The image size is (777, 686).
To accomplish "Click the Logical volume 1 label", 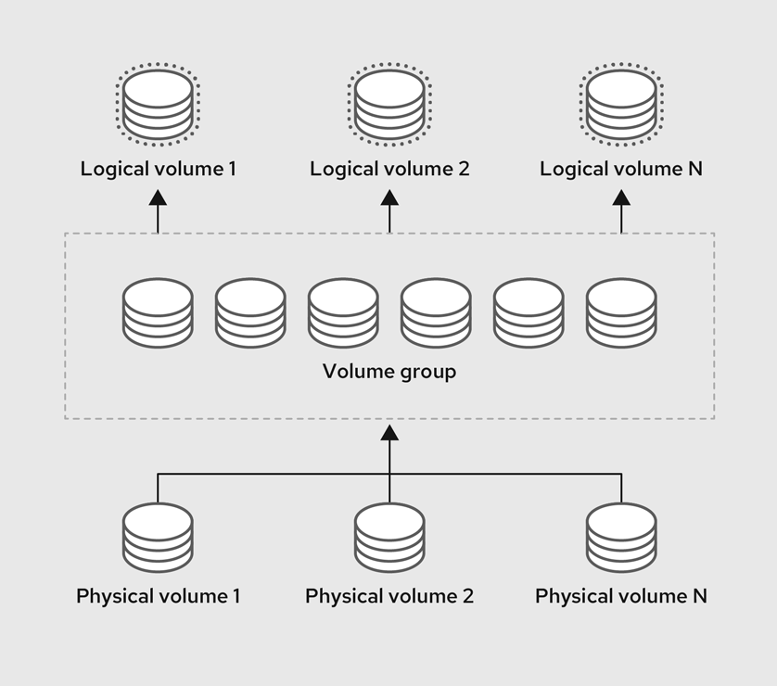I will (158, 169).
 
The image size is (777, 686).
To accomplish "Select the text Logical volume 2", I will (389, 169).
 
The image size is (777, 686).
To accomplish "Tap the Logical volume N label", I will (621, 169).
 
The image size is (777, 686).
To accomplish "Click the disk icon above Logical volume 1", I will (158, 103).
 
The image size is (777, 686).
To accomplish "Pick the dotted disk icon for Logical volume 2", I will (389, 103).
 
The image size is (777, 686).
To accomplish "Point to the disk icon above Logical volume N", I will (621, 103).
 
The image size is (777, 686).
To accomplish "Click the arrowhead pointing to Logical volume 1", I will (158, 197).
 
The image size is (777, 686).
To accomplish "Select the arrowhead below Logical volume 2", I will (389, 197).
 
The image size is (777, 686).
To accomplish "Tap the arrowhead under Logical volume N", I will (621, 197).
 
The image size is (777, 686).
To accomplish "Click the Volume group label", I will (389, 372).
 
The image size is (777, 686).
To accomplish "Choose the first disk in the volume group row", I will (158, 312).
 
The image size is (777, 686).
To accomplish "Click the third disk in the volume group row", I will (343, 312).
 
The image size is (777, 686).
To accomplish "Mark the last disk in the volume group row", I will (621, 312).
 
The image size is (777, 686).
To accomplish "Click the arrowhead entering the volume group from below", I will (389, 433).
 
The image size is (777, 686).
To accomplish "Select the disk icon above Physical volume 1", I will (158, 538).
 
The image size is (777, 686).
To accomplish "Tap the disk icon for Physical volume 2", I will (389, 538).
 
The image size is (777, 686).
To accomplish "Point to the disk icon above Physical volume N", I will (621, 538).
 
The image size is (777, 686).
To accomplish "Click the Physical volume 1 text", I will (158, 596).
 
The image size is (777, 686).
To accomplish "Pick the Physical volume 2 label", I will (389, 596).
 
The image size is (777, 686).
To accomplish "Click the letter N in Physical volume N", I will (699, 596).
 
